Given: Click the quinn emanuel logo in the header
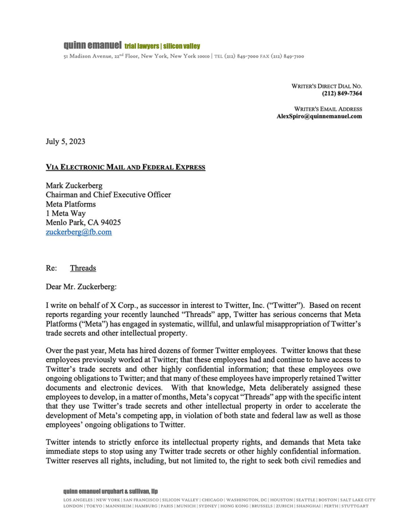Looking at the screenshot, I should tap(92, 45).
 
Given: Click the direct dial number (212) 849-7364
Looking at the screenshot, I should tap(342, 93).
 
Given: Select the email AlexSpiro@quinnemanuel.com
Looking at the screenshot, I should tap(319, 116).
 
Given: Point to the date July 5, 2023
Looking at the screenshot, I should tap(65, 141).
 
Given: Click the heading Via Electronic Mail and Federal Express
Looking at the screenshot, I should tap(125, 167).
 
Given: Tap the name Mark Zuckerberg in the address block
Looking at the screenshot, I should tap(74, 186).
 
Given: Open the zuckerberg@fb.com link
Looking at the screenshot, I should tap(79, 232).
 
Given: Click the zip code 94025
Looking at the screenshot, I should tap(111, 222).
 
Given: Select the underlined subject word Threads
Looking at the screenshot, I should tap(83, 268).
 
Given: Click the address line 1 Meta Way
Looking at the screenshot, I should tap(66, 213).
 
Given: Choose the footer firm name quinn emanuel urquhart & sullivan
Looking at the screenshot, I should tap(110, 491).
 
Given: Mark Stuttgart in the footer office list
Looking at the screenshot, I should tap(354, 506).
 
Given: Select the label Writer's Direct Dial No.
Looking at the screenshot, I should tap(326, 86).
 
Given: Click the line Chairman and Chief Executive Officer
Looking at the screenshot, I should tap(108, 195).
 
